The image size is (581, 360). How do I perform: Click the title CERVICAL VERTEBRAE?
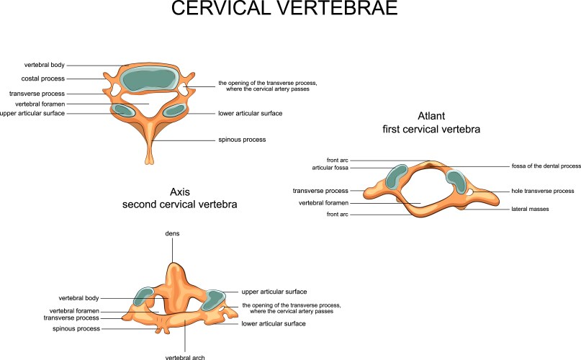(290, 10)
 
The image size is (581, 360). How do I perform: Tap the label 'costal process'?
(44, 78)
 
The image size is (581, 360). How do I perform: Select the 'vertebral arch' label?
(185, 356)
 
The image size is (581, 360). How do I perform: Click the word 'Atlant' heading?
(432, 116)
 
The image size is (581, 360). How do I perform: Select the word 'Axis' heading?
(179, 192)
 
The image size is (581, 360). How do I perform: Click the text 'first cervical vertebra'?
(432, 130)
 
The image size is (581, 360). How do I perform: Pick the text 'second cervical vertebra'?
(179, 205)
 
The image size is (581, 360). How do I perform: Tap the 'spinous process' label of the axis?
(77, 328)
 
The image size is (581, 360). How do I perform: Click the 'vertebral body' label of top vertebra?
(45, 64)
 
